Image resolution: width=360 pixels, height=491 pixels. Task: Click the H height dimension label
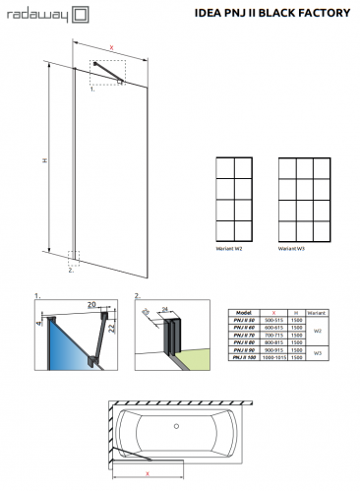(x=45, y=162)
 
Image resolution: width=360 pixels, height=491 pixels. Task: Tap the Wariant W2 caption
(x=230, y=249)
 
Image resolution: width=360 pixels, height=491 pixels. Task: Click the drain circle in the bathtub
(x=177, y=428)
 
